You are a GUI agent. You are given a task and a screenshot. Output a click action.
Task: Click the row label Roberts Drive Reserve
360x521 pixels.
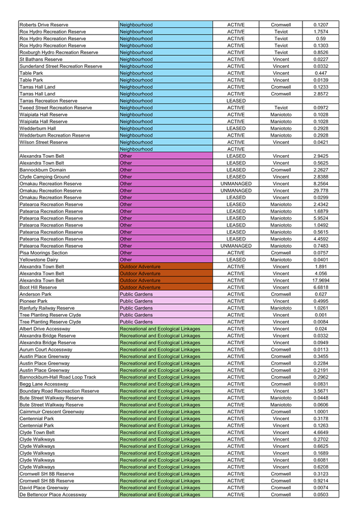[x=44, y=25]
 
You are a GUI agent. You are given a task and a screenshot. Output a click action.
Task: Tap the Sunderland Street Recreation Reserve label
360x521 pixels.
[x=61, y=66]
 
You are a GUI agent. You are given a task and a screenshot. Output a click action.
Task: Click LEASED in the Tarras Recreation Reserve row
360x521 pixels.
[x=236, y=101]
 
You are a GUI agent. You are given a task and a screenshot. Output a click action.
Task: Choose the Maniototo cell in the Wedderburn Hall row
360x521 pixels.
[x=281, y=128]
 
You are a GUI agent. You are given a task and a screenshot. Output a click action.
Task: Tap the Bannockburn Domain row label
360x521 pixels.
[x=42, y=170]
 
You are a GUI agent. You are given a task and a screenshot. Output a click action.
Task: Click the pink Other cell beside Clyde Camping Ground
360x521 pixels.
[x=165, y=177]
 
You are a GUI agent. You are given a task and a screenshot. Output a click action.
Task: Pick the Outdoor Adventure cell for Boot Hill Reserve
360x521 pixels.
[x=165, y=287]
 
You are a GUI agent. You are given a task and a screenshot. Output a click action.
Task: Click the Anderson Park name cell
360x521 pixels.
[x=36, y=294]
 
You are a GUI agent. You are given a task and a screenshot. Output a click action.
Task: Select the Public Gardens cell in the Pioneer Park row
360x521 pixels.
[x=165, y=301]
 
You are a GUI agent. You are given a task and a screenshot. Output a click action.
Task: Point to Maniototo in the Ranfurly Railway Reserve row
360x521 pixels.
[x=281, y=308]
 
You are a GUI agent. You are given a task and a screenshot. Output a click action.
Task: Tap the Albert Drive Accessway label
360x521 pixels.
[x=44, y=329]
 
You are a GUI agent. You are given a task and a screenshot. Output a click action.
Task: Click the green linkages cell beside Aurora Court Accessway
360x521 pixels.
[x=165, y=349]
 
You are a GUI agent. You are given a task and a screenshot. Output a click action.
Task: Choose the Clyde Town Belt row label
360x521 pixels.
[x=37, y=432]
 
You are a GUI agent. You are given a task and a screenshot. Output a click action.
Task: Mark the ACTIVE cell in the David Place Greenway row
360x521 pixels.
[x=236, y=488]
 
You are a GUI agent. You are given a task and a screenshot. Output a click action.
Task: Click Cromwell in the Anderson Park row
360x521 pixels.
[x=281, y=294]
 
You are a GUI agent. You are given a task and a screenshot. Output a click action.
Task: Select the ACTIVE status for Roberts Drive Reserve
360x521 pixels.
[x=236, y=25]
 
